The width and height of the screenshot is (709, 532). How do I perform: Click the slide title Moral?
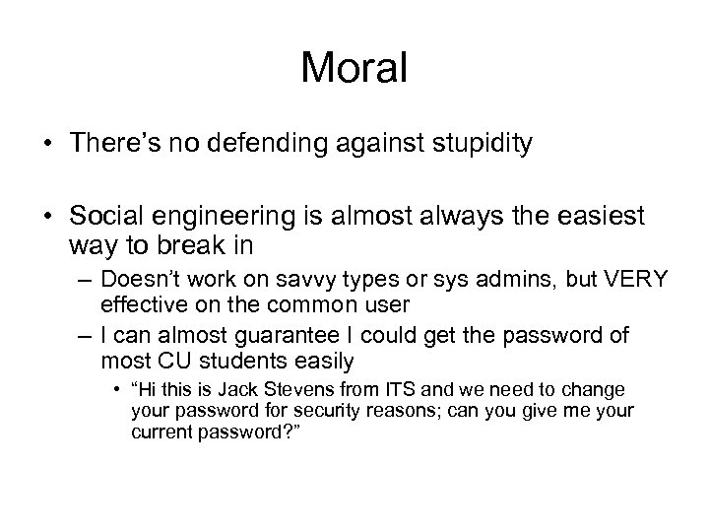click(354, 68)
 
